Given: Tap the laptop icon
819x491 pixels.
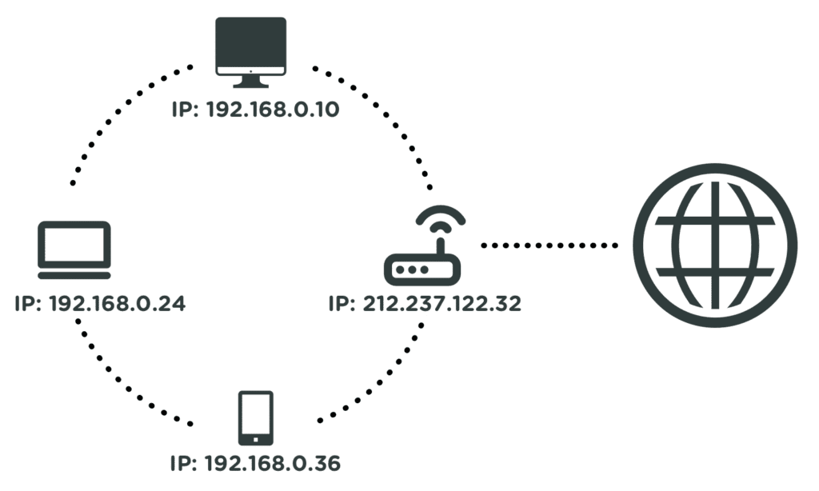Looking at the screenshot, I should click(74, 249).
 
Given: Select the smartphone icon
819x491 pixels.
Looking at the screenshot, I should click(256, 417).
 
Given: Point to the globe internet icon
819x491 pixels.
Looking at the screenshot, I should click(715, 245).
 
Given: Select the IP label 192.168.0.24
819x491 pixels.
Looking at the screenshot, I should click(100, 304).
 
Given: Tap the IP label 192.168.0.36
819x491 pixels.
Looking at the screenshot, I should click(256, 463).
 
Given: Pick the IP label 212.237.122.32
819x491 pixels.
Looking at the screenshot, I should click(425, 304).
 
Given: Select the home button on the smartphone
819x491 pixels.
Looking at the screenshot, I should click(256, 438).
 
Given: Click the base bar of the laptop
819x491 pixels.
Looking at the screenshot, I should click(74, 275).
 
